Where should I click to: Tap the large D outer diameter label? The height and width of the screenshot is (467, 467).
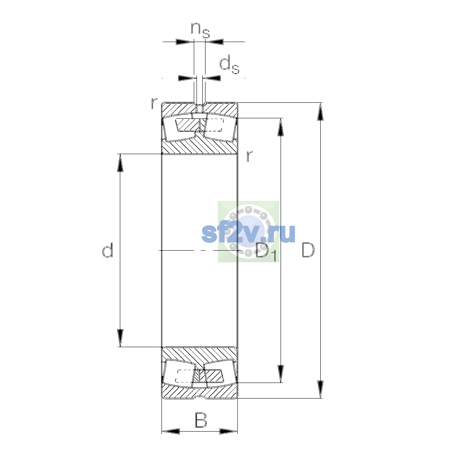click(x=308, y=250)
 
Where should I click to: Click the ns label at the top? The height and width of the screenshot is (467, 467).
click(x=200, y=30)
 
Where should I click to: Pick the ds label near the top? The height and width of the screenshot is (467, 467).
click(x=229, y=64)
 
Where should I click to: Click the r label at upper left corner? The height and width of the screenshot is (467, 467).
click(x=154, y=103)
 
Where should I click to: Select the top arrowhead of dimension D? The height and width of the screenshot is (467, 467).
click(x=320, y=111)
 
